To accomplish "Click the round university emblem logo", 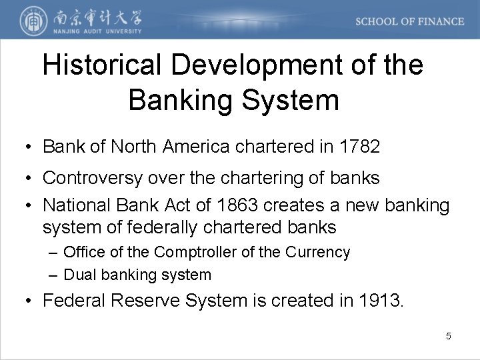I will pos(29,20).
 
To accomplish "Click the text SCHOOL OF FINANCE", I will pos(409,21).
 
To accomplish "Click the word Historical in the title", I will pos(102,65).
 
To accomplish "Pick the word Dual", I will pos(79,274).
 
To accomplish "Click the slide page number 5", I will pos(449,336).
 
